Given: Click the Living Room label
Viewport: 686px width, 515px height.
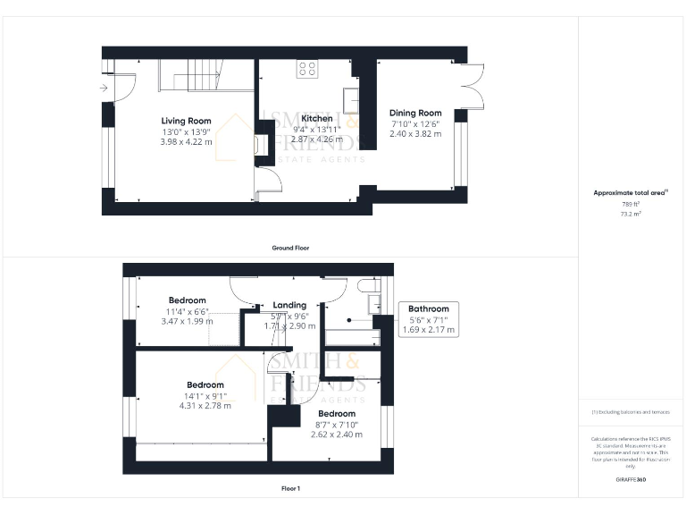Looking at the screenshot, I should coord(186,121).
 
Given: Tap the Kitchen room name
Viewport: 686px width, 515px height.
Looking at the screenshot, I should coord(317,118).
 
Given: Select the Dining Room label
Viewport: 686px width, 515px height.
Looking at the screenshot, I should coord(415,113).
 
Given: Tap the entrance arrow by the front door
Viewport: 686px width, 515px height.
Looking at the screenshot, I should coord(105,88).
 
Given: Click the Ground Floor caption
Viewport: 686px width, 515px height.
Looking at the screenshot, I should coord(291,248).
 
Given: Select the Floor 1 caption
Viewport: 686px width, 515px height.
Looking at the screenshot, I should coord(290,489).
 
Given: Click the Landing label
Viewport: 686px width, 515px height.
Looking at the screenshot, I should coord(289,305).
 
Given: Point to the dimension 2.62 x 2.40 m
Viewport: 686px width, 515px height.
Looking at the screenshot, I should coord(337,435).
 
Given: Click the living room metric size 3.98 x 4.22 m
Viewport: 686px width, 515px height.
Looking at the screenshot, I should coord(186,142).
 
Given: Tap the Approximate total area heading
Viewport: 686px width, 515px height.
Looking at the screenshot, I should coord(631,192).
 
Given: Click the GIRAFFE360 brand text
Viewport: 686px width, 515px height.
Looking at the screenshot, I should coord(631,481).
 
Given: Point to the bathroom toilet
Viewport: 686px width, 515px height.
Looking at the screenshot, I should coord(366,286).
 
